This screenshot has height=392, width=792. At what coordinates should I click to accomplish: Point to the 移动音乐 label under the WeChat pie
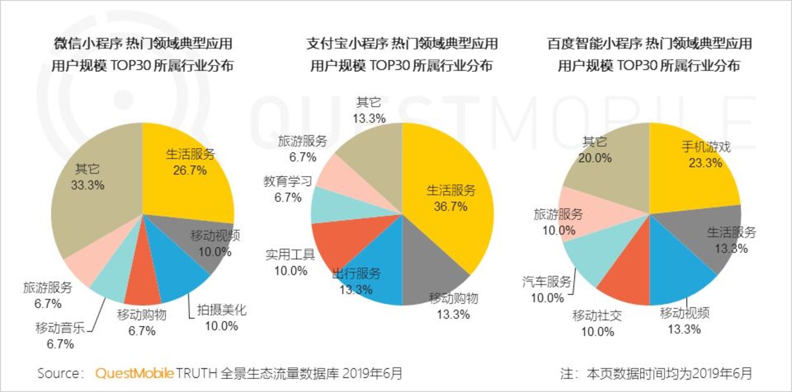click(x=60, y=327)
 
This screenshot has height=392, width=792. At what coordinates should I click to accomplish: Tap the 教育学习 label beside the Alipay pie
click(x=287, y=182)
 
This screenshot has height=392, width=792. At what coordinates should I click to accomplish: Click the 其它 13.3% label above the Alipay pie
click(x=369, y=103)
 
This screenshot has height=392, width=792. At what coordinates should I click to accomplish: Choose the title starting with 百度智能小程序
click(x=649, y=43)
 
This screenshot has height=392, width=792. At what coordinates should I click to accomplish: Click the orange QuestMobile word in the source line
click(x=135, y=373)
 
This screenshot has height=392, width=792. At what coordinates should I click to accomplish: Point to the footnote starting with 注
click(x=656, y=373)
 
